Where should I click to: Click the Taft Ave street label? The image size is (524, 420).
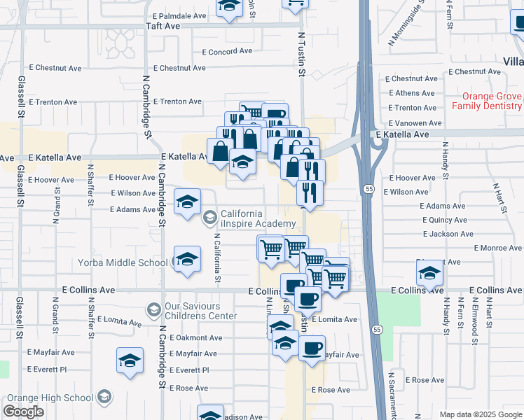163,26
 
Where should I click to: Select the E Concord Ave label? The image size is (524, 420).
227,51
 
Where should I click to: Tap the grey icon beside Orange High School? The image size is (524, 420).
104,398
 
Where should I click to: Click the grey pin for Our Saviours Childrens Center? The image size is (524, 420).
153,309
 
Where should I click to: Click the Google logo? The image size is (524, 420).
24,412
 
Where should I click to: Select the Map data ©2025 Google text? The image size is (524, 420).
480,414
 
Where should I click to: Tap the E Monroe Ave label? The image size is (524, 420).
497,248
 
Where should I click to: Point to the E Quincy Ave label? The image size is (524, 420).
444,220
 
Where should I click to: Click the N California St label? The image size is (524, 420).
218,258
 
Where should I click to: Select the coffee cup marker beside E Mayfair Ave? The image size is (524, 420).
312,347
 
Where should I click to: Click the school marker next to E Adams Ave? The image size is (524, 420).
187,204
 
